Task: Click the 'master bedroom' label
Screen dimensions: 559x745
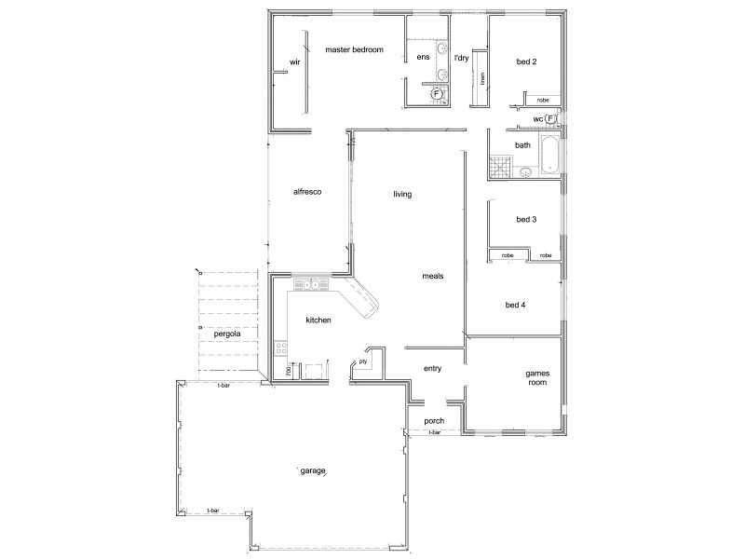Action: (354, 50)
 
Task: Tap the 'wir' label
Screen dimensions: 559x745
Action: (295, 62)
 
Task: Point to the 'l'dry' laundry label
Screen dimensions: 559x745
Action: (460, 58)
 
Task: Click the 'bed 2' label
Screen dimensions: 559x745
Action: (527, 62)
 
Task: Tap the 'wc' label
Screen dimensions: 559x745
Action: (537, 119)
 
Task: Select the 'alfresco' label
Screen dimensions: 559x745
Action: (307, 191)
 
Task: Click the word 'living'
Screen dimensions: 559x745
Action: (401, 194)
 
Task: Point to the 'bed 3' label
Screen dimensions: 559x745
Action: (526, 220)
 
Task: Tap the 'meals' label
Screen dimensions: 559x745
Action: (432, 276)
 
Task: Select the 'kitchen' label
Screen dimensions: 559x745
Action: (318, 320)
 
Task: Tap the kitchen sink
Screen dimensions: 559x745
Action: (307, 285)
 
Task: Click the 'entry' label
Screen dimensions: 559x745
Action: (431, 368)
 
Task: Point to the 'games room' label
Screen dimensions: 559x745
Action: (535, 376)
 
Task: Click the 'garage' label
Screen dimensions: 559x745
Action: (313, 470)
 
